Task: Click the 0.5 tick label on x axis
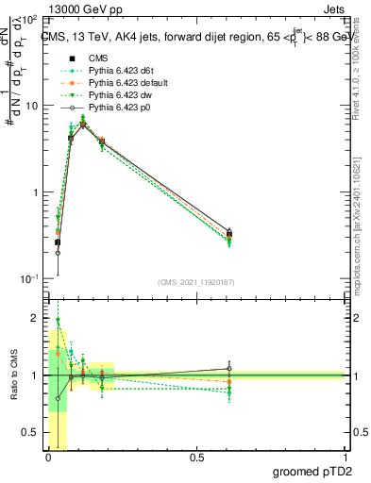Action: click(x=196, y=458)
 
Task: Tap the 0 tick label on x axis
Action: click(x=48, y=458)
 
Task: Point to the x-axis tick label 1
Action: click(x=344, y=458)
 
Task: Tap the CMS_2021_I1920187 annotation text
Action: click(x=195, y=282)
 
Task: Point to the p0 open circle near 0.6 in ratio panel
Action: click(x=228, y=369)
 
